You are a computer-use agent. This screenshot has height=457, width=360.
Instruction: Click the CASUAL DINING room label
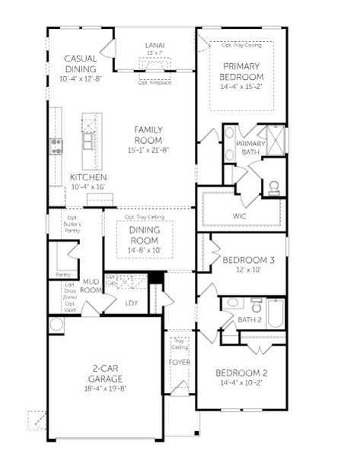click(79, 63)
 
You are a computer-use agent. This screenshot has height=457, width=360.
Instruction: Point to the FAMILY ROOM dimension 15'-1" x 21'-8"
click(148, 151)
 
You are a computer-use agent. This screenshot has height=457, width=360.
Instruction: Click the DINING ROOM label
click(143, 235)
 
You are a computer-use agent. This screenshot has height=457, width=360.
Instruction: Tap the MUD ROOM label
click(91, 286)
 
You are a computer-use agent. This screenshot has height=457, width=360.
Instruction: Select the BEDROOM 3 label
click(248, 260)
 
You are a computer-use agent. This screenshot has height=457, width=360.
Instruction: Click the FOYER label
click(179, 362)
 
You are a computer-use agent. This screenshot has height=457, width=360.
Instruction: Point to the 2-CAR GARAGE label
click(105, 373)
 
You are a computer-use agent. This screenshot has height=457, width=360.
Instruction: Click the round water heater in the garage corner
click(55, 324)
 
